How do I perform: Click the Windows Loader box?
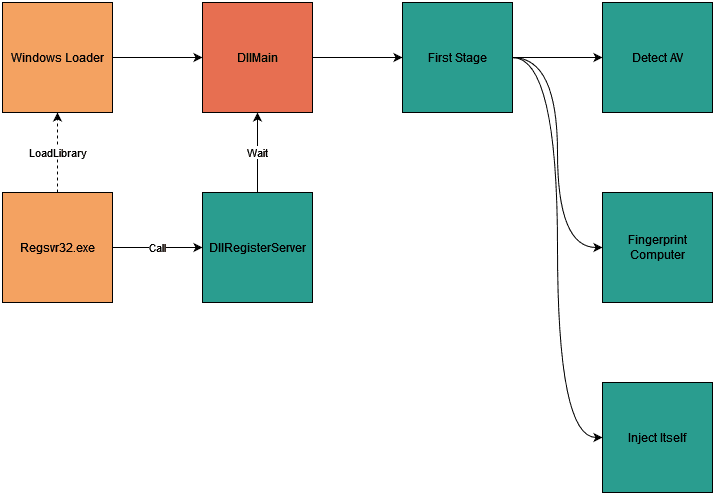[57, 57]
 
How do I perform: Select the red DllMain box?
[257, 57]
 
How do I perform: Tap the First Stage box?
[457, 57]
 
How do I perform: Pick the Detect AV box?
[657, 57]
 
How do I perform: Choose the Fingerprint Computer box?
[657, 247]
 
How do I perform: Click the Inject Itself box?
[657, 437]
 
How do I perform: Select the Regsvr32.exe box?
[57, 247]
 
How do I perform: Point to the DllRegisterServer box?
[257, 247]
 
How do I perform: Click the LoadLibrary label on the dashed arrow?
[58, 153]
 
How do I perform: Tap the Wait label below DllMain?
[257, 153]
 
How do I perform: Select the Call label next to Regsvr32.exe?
[157, 247]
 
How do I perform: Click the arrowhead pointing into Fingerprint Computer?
[596, 246]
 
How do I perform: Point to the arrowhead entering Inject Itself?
[596, 437]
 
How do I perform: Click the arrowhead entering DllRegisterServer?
[196, 247]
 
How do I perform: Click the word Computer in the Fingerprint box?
[657, 255]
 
